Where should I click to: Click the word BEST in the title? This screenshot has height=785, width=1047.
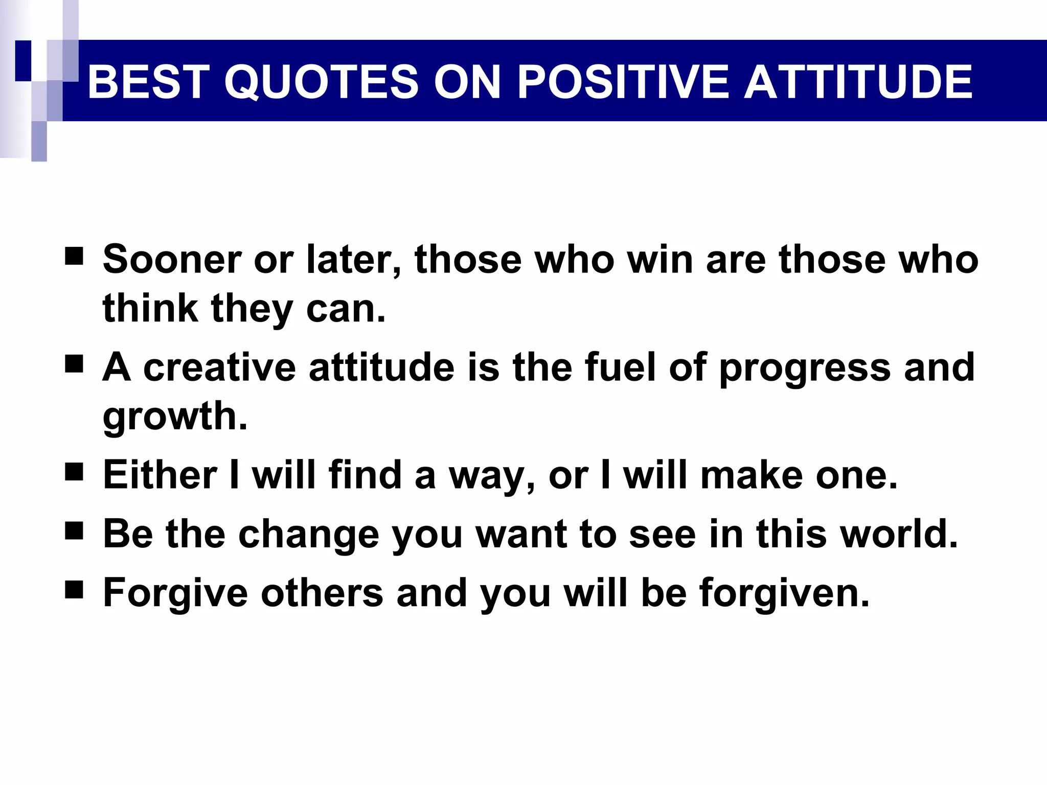[x=148, y=82]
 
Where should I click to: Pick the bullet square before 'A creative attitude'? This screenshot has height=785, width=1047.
[x=74, y=364]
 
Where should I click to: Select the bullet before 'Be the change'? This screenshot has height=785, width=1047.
[x=74, y=531]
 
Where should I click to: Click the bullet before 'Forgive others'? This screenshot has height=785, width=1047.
[x=74, y=590]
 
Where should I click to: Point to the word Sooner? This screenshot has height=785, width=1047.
[x=172, y=259]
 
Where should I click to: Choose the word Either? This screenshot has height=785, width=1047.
[x=160, y=475]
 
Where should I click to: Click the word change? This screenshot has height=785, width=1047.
[x=309, y=534]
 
